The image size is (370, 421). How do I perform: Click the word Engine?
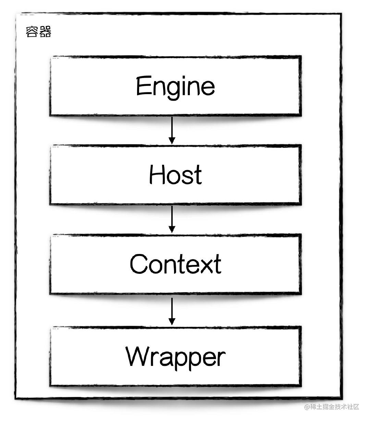point(175,87)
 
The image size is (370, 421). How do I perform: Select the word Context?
point(175,264)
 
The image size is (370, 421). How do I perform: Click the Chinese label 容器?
point(38,31)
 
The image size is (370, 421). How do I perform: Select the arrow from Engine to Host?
point(172,130)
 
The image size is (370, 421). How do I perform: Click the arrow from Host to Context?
point(172,219)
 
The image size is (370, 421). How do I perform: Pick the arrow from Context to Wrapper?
point(172,311)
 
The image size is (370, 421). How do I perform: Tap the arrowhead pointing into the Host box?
point(172,141)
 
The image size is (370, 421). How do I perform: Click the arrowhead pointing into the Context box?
point(172,230)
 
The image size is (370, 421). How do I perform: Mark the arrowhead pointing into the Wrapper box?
point(172,322)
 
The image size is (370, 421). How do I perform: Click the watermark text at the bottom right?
point(332,407)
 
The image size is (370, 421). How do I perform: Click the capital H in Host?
point(157,174)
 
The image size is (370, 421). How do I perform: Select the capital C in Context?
point(138,264)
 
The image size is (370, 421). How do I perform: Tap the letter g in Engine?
point(176,91)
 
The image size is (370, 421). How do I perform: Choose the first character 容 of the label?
point(32,31)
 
